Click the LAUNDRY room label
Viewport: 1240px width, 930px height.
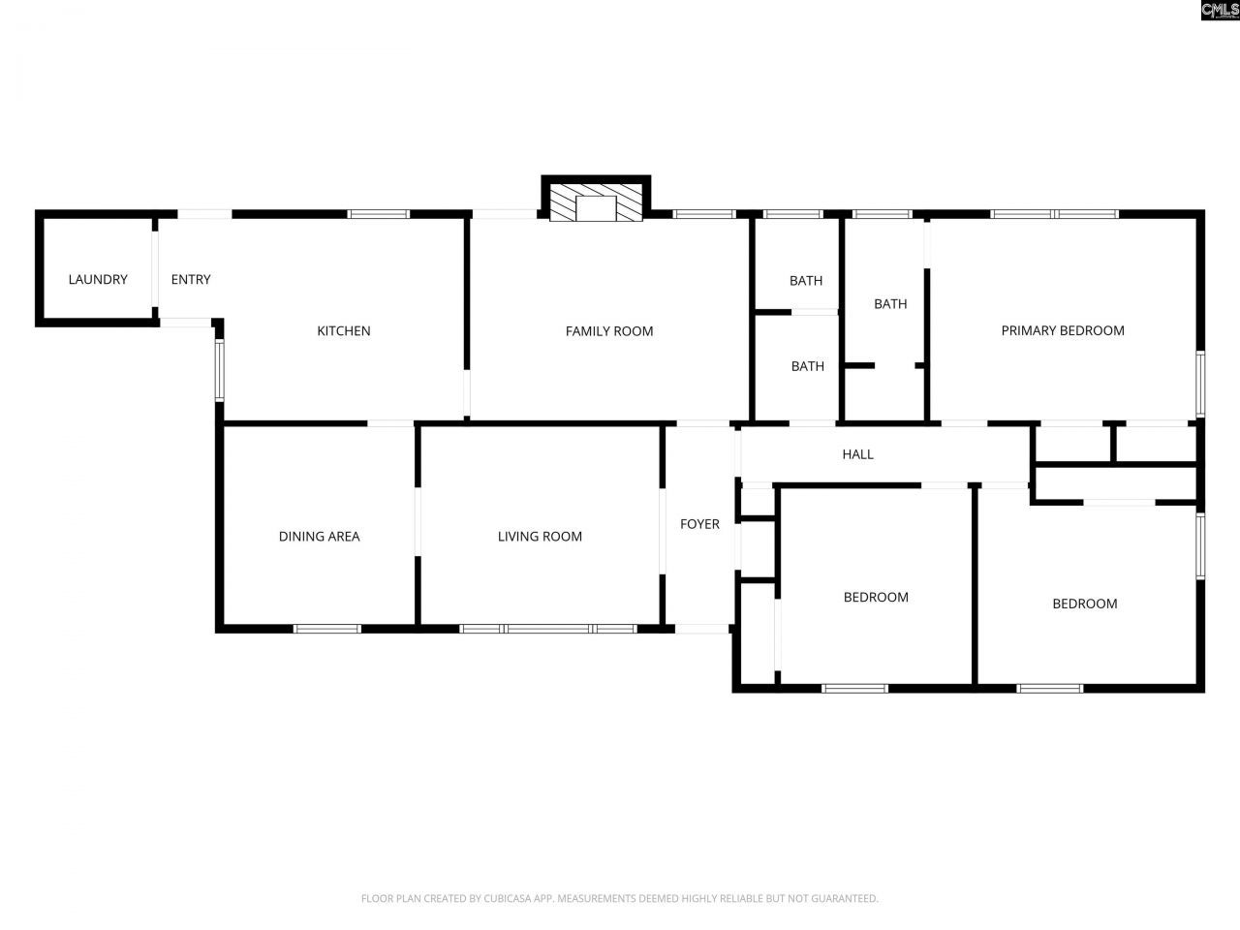tap(97, 280)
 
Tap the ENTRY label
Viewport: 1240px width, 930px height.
tap(190, 280)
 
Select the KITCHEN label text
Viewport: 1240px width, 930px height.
tap(344, 331)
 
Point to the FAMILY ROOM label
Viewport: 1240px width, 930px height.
tap(608, 331)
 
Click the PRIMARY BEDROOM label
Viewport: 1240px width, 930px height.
tap(1062, 330)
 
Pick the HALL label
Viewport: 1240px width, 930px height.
tap(857, 454)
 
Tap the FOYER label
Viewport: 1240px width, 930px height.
tap(699, 524)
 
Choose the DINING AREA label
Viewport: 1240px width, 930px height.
tap(319, 537)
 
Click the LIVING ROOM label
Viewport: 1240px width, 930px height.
tap(540, 537)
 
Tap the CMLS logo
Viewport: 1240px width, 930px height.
tap(1219, 11)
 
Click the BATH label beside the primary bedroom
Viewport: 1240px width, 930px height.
tap(890, 304)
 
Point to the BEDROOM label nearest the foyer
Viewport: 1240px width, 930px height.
tap(876, 598)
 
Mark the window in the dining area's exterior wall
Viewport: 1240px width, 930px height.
tap(327, 629)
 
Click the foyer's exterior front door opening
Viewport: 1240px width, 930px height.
tap(701, 629)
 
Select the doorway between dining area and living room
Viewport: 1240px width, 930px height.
tap(418, 521)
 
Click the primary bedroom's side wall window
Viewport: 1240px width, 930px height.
tap(1199, 385)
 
